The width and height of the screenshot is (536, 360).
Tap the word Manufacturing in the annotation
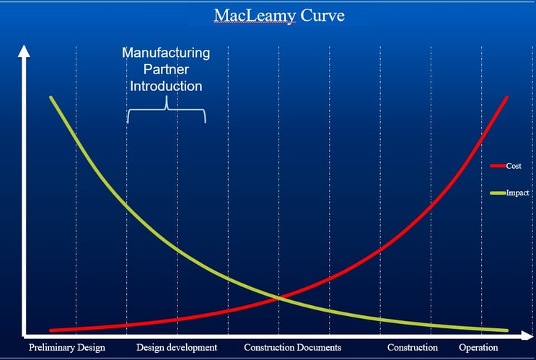coord(166,53)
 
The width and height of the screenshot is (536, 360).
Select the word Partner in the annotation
coord(166,69)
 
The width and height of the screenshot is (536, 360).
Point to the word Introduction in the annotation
coord(166,86)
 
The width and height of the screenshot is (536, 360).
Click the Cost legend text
coord(514,166)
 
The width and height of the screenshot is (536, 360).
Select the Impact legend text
coord(517,193)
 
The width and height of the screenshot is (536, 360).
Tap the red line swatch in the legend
coord(498,166)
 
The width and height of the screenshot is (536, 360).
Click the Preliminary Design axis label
coord(66,348)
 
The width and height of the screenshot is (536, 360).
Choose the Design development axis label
coord(176,348)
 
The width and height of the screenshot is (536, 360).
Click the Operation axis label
coord(478,348)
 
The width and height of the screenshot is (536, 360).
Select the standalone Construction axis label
coord(413,348)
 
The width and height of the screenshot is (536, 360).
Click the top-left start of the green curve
coord(50,97)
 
